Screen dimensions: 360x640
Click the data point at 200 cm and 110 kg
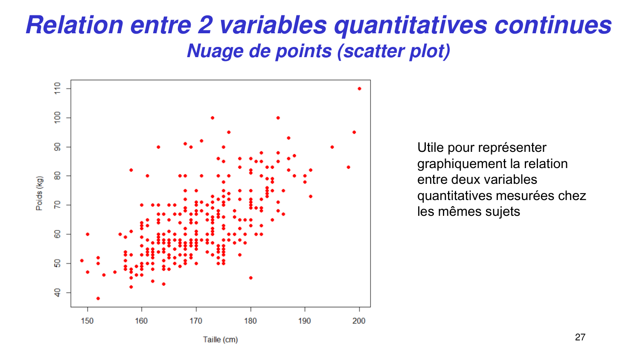[x=359, y=89]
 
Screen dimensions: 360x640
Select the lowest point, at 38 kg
[x=98, y=298]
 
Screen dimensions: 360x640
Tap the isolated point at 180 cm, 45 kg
[x=250, y=278]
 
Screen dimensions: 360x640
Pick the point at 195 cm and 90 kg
[x=332, y=147]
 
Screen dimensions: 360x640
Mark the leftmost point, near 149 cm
[x=82, y=261]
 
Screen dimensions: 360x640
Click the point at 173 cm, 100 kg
[x=212, y=118]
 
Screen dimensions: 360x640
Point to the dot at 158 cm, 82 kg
[x=131, y=170]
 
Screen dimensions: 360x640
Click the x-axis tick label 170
[x=196, y=321]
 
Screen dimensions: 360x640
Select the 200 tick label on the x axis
[x=359, y=321]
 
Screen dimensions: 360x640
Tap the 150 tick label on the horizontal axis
[x=87, y=321]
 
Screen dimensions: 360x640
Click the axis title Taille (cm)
[x=220, y=340]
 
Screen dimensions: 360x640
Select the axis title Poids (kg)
[x=39, y=193]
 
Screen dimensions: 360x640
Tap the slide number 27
[x=580, y=337]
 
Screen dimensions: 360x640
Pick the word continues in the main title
[x=553, y=25]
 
